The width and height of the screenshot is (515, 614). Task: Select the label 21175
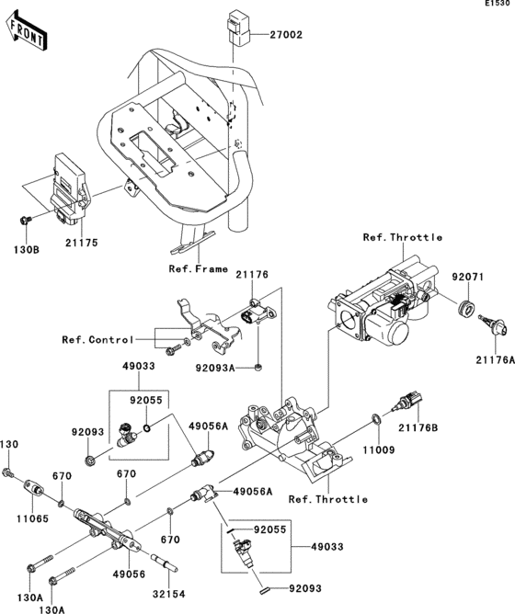pyautogui.click(x=81, y=243)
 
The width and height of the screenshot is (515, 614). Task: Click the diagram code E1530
pyautogui.click(x=498, y=6)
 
